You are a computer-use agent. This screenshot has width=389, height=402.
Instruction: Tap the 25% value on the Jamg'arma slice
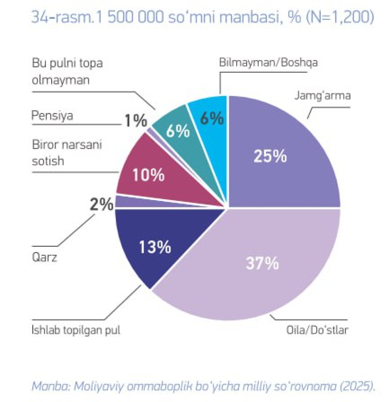pos(270,156)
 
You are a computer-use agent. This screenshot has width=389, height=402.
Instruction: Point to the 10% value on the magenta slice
pos(148,175)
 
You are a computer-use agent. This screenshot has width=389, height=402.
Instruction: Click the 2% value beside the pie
pos(101,205)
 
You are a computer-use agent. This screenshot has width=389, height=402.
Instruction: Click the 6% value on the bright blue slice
pos(211,118)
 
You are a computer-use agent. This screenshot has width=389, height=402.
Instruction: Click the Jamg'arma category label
pos(323,96)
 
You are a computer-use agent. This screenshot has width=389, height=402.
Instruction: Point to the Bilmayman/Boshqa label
pos(269,63)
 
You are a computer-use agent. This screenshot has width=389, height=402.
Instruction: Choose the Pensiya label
pos(52,115)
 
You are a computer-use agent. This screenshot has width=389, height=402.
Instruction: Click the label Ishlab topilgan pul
pos(76,330)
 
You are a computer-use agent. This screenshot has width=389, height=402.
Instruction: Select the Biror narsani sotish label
pos(67,153)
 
